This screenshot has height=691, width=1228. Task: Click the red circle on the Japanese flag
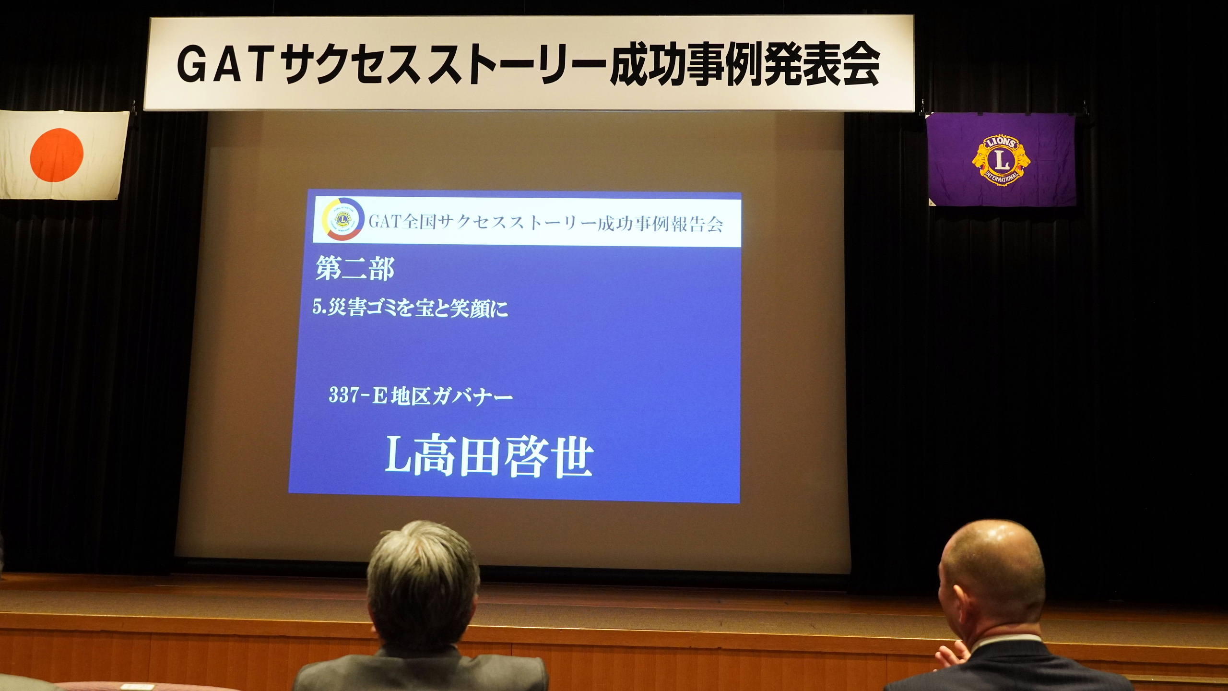click(x=57, y=155)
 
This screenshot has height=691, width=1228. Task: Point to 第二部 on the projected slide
click(x=355, y=269)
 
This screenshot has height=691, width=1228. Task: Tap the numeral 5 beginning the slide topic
click(x=317, y=309)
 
